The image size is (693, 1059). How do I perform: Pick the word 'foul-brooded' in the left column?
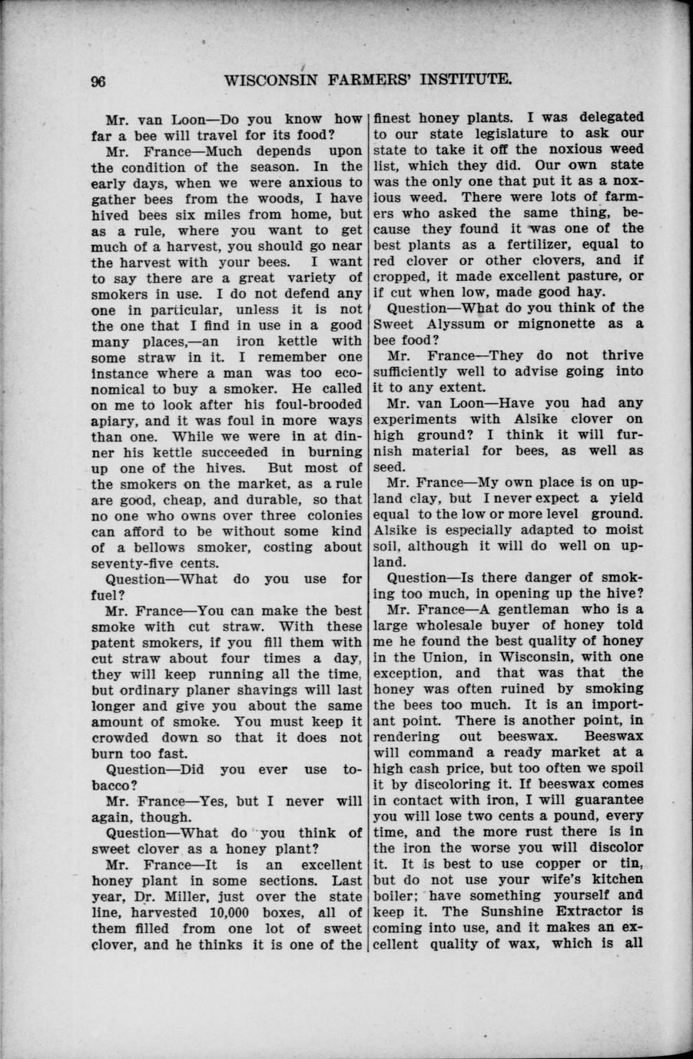click(316, 404)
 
